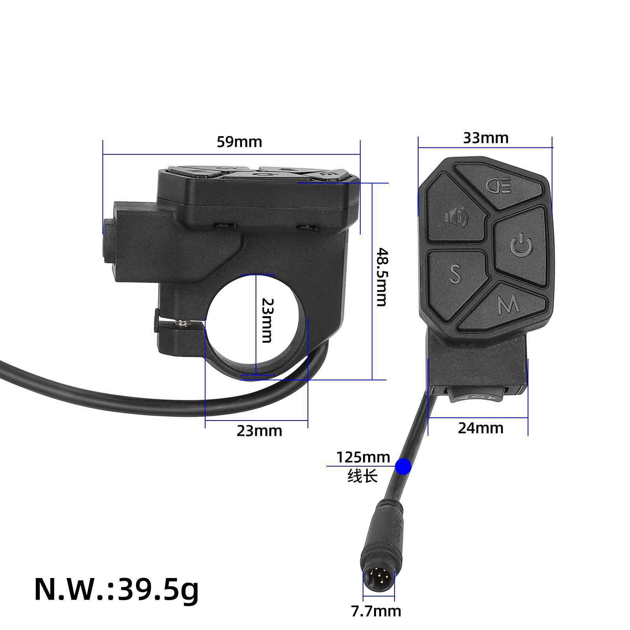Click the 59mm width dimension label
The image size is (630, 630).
(239, 142)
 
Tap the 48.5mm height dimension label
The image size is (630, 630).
(381, 277)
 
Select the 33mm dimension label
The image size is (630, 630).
(485, 138)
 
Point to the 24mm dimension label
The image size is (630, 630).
(480, 428)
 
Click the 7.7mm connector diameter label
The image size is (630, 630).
(376, 611)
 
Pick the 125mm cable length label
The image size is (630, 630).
(363, 458)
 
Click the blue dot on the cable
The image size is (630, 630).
(403, 467)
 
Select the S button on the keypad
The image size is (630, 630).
(456, 272)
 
